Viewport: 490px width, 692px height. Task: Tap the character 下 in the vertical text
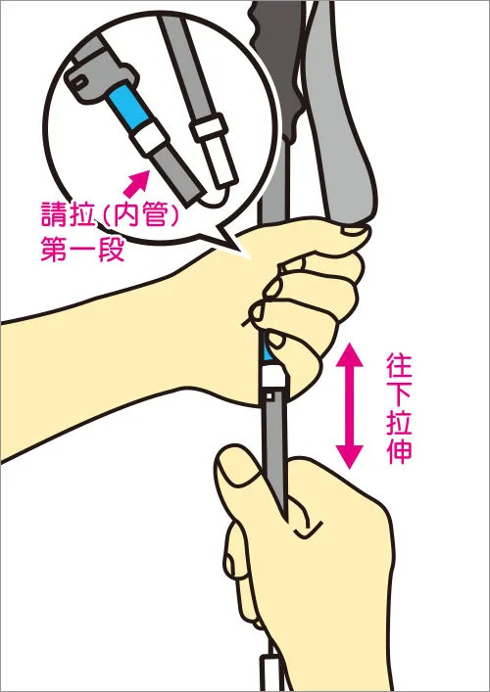coord(398,399)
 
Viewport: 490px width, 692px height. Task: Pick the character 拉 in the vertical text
coord(398,427)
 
